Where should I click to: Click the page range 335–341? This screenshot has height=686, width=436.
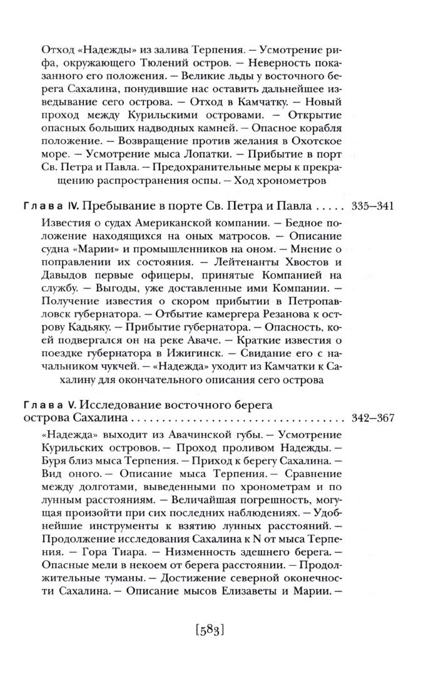pos(373,207)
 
